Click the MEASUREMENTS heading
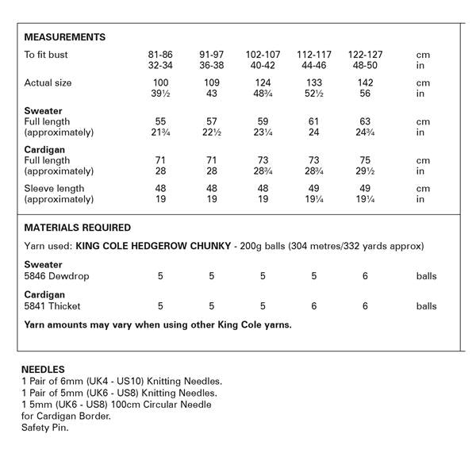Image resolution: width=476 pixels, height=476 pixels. [x=65, y=37]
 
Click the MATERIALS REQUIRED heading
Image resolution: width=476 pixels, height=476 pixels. [x=78, y=228]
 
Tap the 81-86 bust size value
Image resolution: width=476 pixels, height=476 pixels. [x=161, y=55]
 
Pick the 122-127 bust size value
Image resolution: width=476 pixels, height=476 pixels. [x=361, y=55]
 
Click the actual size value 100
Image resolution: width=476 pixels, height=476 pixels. [x=161, y=83]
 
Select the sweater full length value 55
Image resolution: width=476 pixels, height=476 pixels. [x=161, y=121]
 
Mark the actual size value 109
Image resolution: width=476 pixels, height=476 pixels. [x=211, y=83]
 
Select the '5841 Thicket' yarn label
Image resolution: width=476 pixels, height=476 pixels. [x=53, y=305]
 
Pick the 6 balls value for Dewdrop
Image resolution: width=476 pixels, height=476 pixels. [x=365, y=276]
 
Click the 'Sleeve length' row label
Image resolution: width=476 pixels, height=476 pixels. [x=54, y=189]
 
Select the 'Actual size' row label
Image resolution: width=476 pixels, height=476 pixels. [x=48, y=83]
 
